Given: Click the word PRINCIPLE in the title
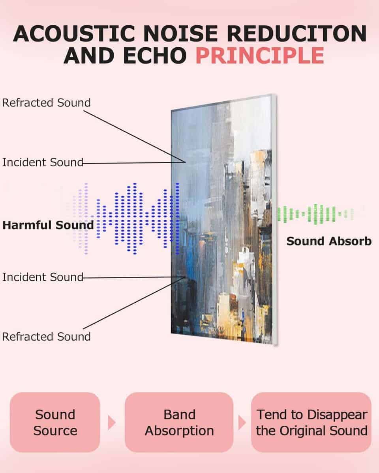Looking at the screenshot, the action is point(260,56).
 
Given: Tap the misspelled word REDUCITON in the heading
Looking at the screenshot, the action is point(296,34).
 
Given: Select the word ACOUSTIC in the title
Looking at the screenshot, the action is point(74,34).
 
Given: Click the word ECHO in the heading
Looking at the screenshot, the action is point(155,56).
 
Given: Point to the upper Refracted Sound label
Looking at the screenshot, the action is point(47,102).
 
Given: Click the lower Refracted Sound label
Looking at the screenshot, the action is point(47,337).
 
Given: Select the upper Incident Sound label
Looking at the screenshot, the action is point(43,162).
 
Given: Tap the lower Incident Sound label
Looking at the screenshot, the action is point(43,277).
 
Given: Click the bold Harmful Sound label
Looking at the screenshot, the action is point(48,225).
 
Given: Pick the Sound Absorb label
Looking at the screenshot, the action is point(329,241).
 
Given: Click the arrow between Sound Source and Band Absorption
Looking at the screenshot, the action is point(112,423).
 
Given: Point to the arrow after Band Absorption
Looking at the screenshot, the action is point(242,423).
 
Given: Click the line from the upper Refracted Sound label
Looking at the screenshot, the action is point(135,136).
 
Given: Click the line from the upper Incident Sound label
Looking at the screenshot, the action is point(134,163).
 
